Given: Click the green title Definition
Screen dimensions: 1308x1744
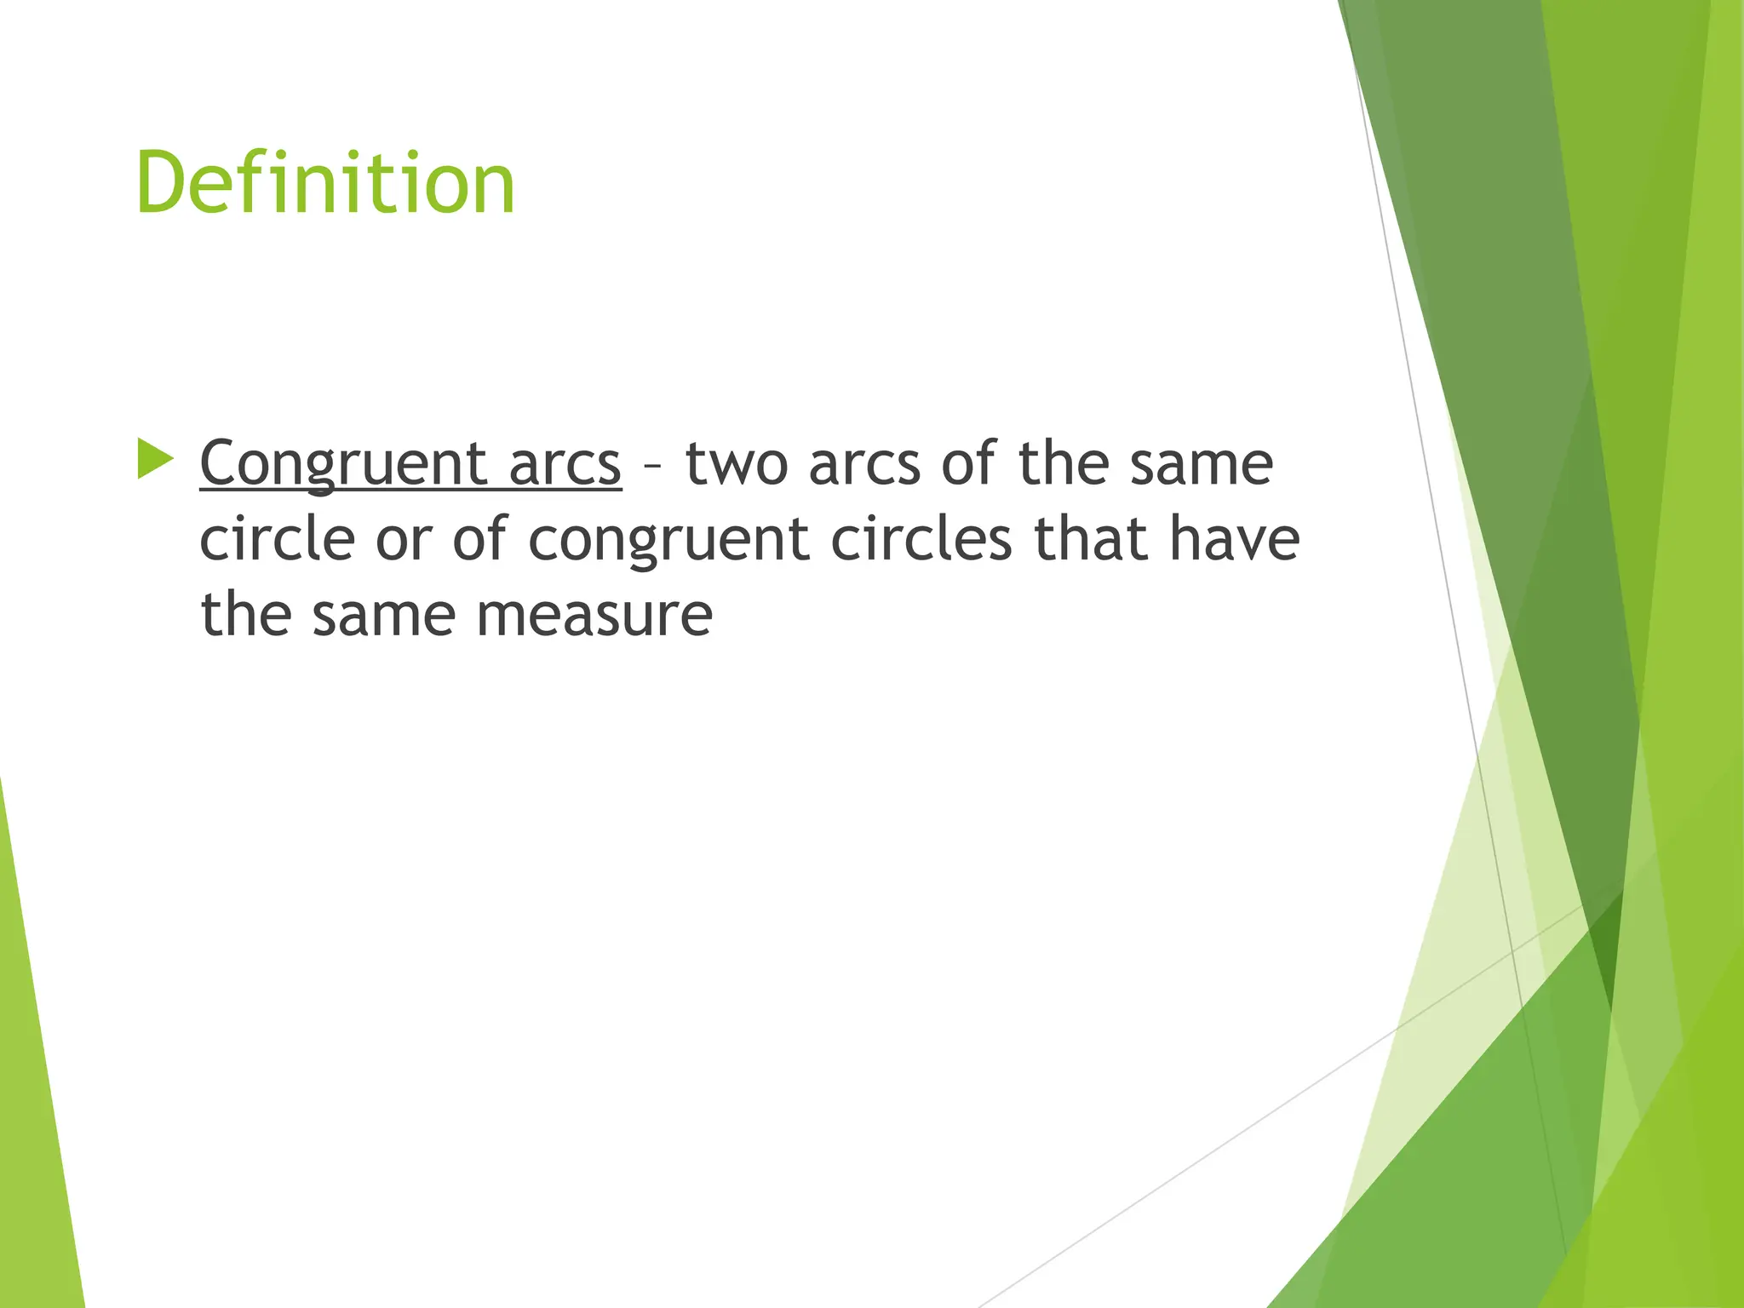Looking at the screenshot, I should point(325,184).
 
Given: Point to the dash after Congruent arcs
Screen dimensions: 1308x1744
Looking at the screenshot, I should point(652,467).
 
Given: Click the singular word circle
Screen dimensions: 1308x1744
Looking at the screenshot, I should point(278,539).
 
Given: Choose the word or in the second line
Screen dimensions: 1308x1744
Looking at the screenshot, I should point(404,541).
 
